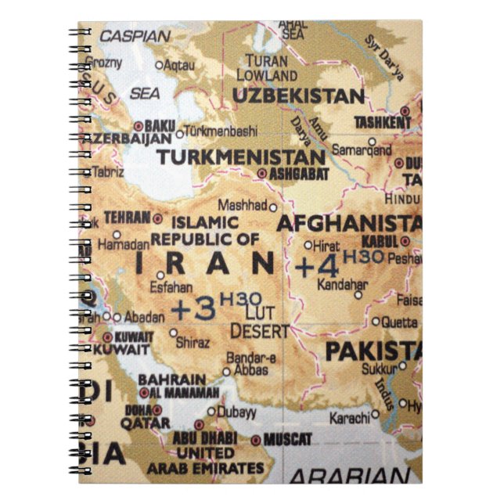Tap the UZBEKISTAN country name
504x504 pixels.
(299, 96)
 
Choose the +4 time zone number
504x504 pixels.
(315, 265)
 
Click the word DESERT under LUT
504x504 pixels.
(260, 331)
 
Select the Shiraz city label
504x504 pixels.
(194, 343)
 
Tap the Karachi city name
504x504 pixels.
(349, 418)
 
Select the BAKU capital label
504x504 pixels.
(160, 125)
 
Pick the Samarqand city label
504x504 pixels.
(362, 148)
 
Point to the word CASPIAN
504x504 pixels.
(134, 36)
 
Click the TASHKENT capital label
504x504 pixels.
(383, 123)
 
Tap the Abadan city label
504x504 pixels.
(144, 317)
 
